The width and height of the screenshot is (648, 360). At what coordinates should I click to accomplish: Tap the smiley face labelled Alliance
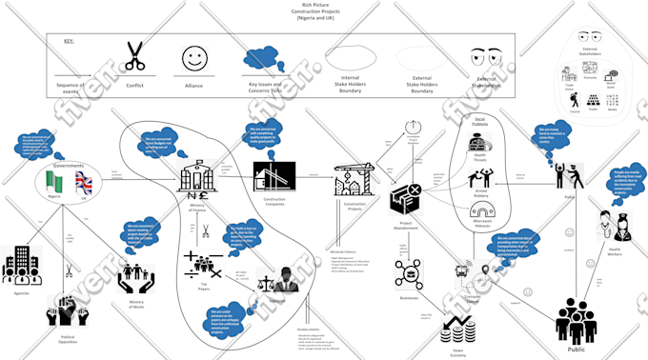click(193, 58)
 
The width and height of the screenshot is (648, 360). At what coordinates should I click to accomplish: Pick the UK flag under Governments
click(84, 182)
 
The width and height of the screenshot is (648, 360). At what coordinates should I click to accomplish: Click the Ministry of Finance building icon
click(197, 177)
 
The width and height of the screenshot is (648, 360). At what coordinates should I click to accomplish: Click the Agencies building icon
click(21, 266)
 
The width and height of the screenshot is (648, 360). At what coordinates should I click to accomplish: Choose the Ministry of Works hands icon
click(137, 277)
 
